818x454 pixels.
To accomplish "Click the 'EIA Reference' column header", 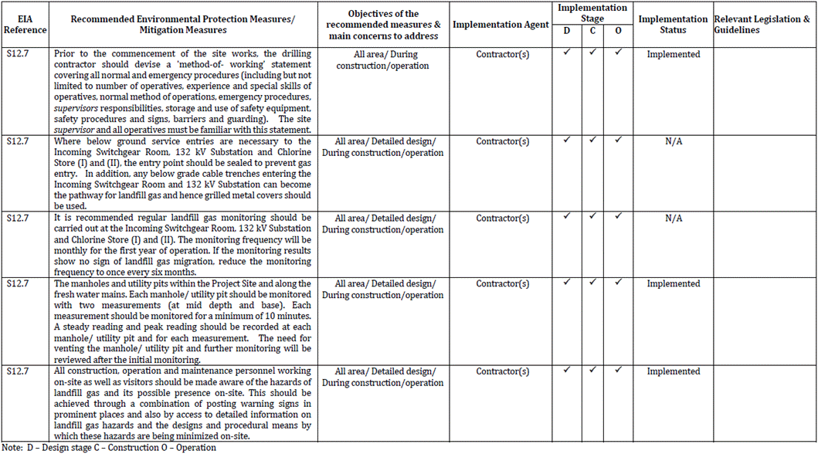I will pos(25,24).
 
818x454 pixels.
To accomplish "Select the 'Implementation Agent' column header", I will pos(501,25).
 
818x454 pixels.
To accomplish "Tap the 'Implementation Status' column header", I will pos(673,25).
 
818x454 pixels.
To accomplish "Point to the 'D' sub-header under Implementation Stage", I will pos(567,31).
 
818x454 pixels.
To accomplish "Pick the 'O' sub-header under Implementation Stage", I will pos(619,31).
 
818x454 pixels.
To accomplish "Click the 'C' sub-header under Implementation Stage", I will pos(592,31).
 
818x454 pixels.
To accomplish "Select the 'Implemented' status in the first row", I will pos(673,55).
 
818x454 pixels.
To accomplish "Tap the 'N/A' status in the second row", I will pos(673,142).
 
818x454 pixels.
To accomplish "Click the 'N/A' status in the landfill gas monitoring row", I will pos(673,219).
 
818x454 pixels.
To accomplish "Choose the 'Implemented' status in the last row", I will pos(673,371).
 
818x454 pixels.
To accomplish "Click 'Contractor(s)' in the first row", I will pos(502,55).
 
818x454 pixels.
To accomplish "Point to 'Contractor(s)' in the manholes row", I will pos(502,284).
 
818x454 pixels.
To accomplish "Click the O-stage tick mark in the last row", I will pos(619,370).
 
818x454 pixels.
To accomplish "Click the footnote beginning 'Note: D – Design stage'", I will pos(109,448).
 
